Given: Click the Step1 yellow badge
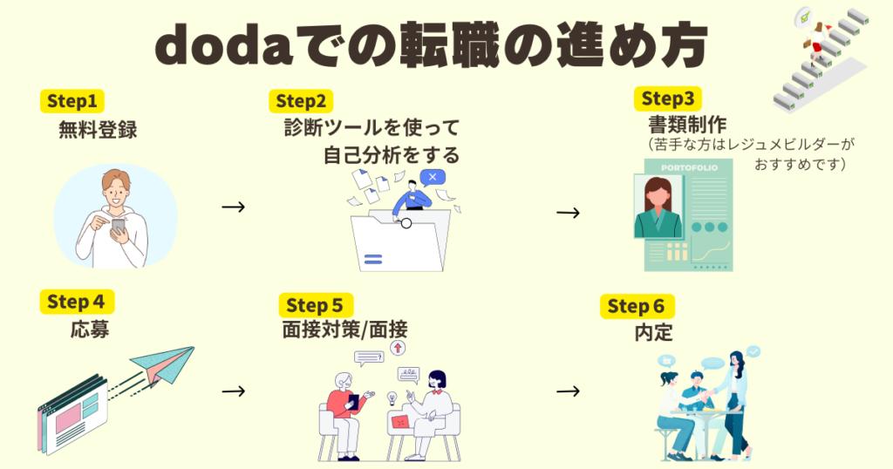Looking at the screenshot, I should coord(73,99).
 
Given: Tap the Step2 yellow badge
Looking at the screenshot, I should coord(301,100).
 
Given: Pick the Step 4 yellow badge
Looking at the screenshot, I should coord(77,302).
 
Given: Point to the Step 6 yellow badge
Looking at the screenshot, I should coord(637,306).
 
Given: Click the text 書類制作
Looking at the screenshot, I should coord(687,124).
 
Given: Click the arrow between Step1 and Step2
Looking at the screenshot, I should coord(233,207).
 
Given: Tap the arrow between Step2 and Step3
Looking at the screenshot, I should coord(568,212).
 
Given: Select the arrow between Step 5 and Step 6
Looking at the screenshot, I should coord(568,390).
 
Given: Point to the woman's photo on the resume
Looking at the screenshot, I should coord(658,207).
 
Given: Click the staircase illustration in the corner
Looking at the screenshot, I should coord(823,54).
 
